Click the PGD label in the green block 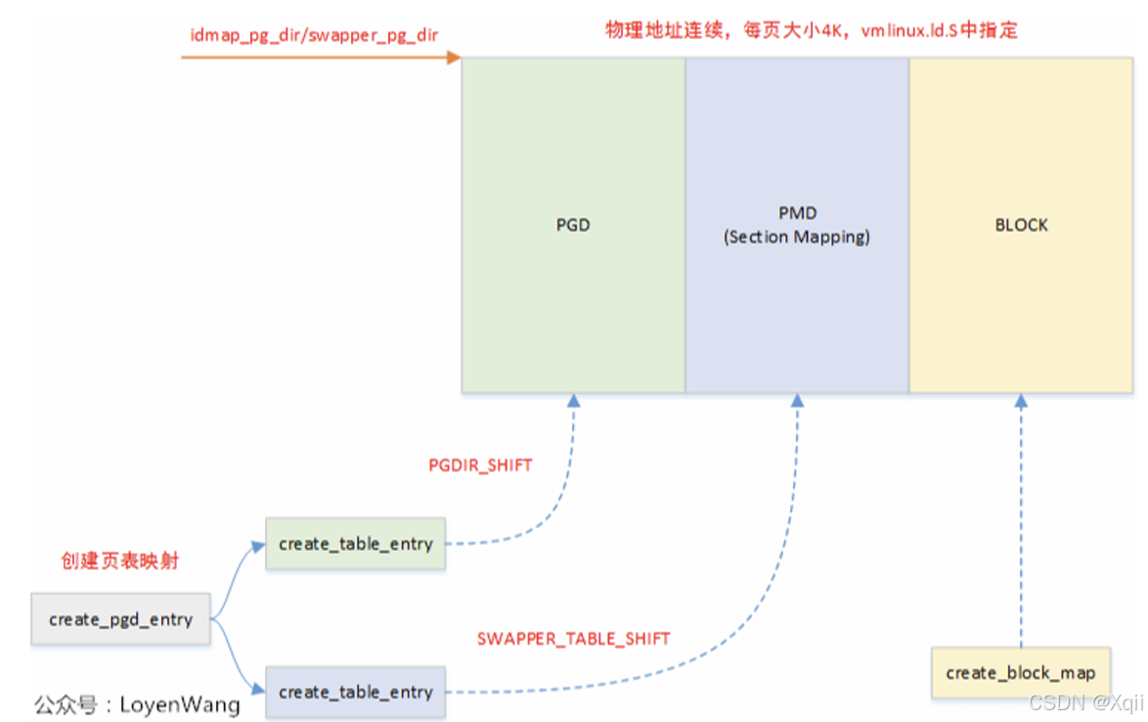[x=573, y=225]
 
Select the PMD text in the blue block [x=797, y=213]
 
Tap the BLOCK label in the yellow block [x=1021, y=225]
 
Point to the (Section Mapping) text [x=797, y=237]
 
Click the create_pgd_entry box [x=120, y=618]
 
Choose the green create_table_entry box [x=355, y=544]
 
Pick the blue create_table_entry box [x=355, y=692]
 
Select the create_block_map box [x=1021, y=672]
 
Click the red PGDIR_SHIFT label [x=480, y=466]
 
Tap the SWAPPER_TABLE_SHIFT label [x=573, y=639]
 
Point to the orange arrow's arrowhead [x=454, y=58]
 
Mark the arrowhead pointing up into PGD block [x=574, y=401]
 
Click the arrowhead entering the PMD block [x=798, y=401]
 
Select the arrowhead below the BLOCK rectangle [x=1021, y=401]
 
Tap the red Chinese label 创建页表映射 [x=119, y=561]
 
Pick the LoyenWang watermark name [x=179, y=703]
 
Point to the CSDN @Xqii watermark [x=1085, y=702]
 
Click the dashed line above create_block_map [x=1021, y=528]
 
